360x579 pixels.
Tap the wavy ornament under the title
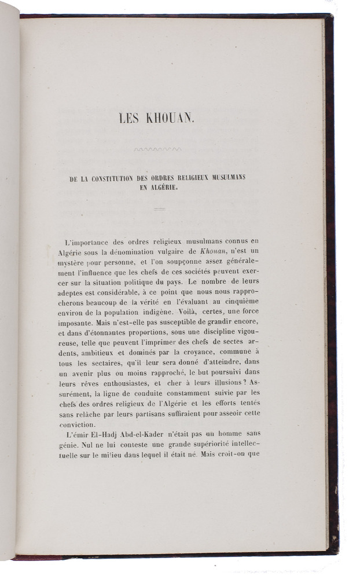[157, 149]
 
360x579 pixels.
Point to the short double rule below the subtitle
[159, 208]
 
